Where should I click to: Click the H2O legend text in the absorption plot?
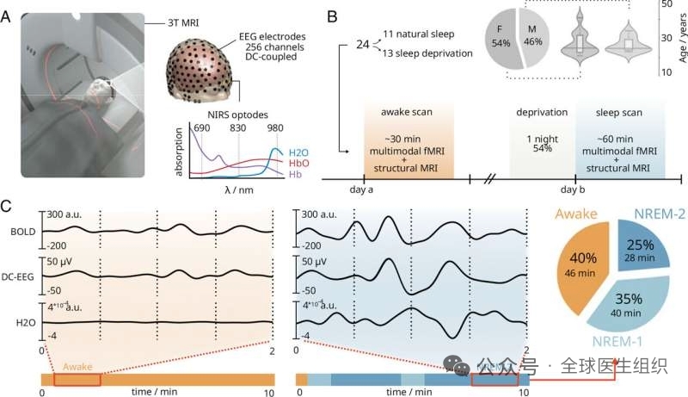coord(300,152)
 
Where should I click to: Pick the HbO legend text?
coord(300,164)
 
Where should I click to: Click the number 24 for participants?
coord(364,42)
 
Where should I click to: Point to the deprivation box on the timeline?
coord(541,140)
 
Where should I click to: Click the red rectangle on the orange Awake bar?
coord(77,379)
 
